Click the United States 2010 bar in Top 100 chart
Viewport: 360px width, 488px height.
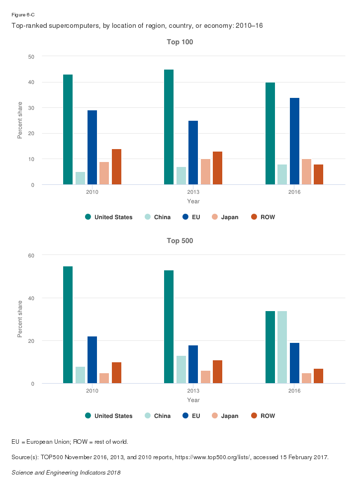[x=68, y=130]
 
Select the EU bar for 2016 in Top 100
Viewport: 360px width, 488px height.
[x=294, y=141]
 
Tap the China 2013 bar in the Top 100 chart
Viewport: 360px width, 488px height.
[x=181, y=176]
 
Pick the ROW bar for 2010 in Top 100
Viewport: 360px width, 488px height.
[x=116, y=167]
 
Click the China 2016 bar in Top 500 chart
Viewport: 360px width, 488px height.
[x=282, y=347]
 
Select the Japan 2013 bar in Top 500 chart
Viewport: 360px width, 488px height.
[x=205, y=377]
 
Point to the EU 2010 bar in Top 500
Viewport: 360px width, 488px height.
[x=92, y=360]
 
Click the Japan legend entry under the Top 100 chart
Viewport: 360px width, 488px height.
[x=225, y=217]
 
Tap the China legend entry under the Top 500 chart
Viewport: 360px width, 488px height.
[x=158, y=416]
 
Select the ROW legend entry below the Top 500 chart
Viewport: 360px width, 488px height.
[x=263, y=416]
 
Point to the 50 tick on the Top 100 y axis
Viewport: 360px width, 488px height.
[x=31, y=57]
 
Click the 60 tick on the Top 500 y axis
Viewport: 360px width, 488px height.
[x=31, y=255]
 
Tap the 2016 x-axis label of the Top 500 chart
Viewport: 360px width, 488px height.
[x=294, y=391]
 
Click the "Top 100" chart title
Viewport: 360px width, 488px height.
[x=180, y=42]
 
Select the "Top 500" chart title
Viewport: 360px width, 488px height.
[x=180, y=241]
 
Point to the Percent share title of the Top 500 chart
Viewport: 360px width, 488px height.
[x=20, y=319]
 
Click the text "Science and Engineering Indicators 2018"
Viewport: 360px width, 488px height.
[x=66, y=473]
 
